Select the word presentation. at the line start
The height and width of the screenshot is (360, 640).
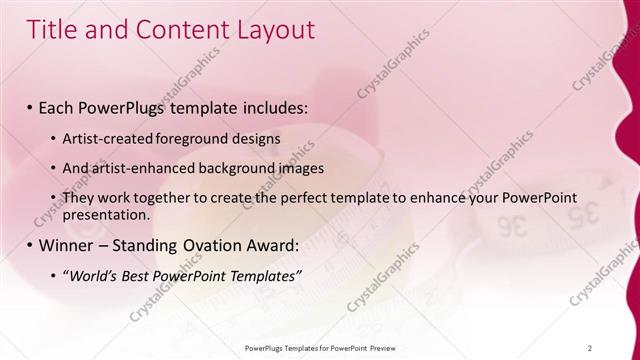[x=106, y=215]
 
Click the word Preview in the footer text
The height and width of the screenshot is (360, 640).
[x=380, y=347]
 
